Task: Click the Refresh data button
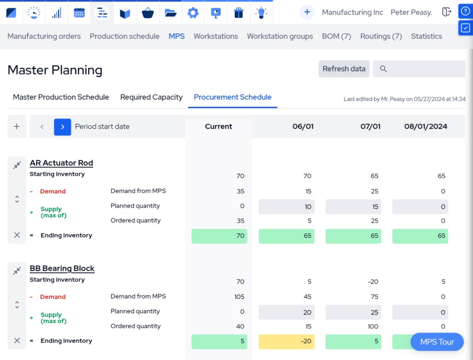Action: pyautogui.click(x=344, y=69)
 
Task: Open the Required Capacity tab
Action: pyautogui.click(x=152, y=97)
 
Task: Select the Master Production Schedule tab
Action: pyautogui.click(x=61, y=97)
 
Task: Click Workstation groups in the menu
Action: pyautogui.click(x=280, y=36)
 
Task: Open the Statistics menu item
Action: pyautogui.click(x=426, y=36)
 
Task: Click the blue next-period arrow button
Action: pyautogui.click(x=62, y=127)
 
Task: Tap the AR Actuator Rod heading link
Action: pyautogui.click(x=61, y=163)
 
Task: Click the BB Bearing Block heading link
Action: pyautogui.click(x=62, y=269)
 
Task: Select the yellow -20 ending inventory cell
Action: pyautogui.click(x=286, y=342)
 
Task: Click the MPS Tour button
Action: pyautogui.click(x=437, y=342)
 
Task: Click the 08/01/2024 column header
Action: pyautogui.click(x=425, y=126)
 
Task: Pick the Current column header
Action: pyautogui.click(x=218, y=126)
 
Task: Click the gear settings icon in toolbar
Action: pyautogui.click(x=193, y=13)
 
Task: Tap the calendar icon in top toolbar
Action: pyautogui.click(x=79, y=13)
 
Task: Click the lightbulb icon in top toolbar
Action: pyautogui.click(x=261, y=13)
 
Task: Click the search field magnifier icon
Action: pyautogui.click(x=383, y=69)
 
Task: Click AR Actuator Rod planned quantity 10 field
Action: pyautogui.click(x=286, y=207)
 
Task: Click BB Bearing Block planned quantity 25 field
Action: pyautogui.click(x=353, y=312)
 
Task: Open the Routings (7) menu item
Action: pyautogui.click(x=381, y=36)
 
